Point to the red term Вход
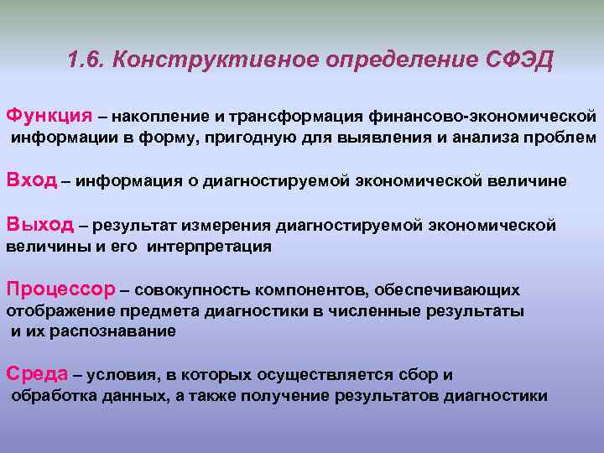(x=31, y=180)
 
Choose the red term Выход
(x=40, y=224)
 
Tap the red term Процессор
(x=60, y=289)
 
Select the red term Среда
(x=36, y=373)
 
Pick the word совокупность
(x=190, y=291)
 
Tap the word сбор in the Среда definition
(x=419, y=375)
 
